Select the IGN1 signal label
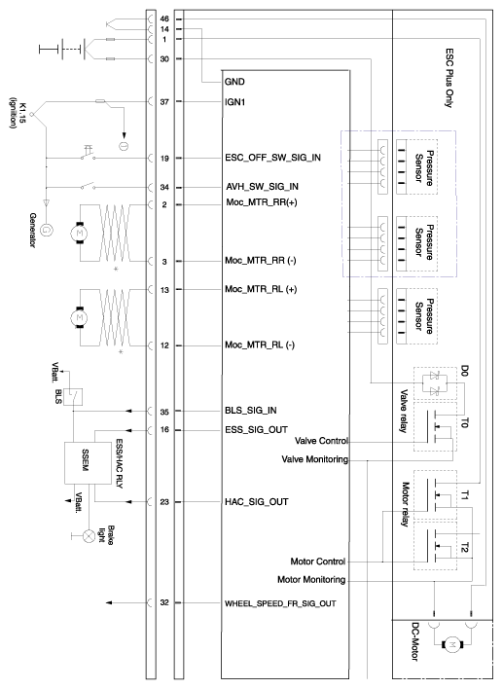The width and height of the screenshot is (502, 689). (x=236, y=101)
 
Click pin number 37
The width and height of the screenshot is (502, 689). (x=166, y=101)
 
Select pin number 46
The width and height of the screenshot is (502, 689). (x=166, y=18)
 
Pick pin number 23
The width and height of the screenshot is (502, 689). (x=166, y=502)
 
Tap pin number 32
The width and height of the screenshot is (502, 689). (x=166, y=603)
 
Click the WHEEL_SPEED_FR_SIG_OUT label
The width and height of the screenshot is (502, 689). (x=280, y=603)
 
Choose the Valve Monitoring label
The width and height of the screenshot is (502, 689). (x=314, y=457)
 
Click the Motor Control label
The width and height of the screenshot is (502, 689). (x=324, y=562)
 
